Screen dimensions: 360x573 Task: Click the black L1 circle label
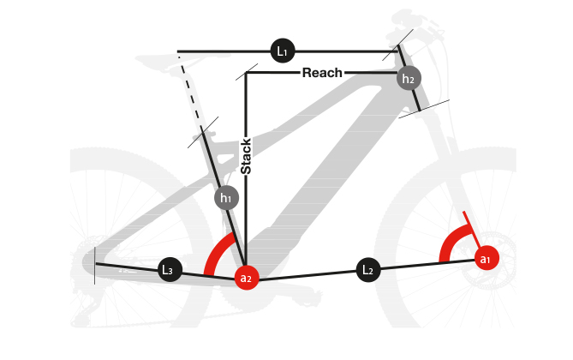[282, 51]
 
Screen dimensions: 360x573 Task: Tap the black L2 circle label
[368, 271]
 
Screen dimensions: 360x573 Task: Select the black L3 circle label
[169, 270]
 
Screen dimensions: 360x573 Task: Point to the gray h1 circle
[226, 198]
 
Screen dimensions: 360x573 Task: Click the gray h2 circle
[409, 79]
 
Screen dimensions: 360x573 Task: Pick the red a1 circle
[486, 258]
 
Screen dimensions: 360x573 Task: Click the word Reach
[322, 73]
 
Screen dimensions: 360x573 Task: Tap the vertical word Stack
[246, 157]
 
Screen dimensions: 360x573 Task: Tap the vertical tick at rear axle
[94, 265]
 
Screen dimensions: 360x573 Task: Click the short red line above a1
[468, 224]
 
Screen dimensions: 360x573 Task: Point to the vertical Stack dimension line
[246, 214]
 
